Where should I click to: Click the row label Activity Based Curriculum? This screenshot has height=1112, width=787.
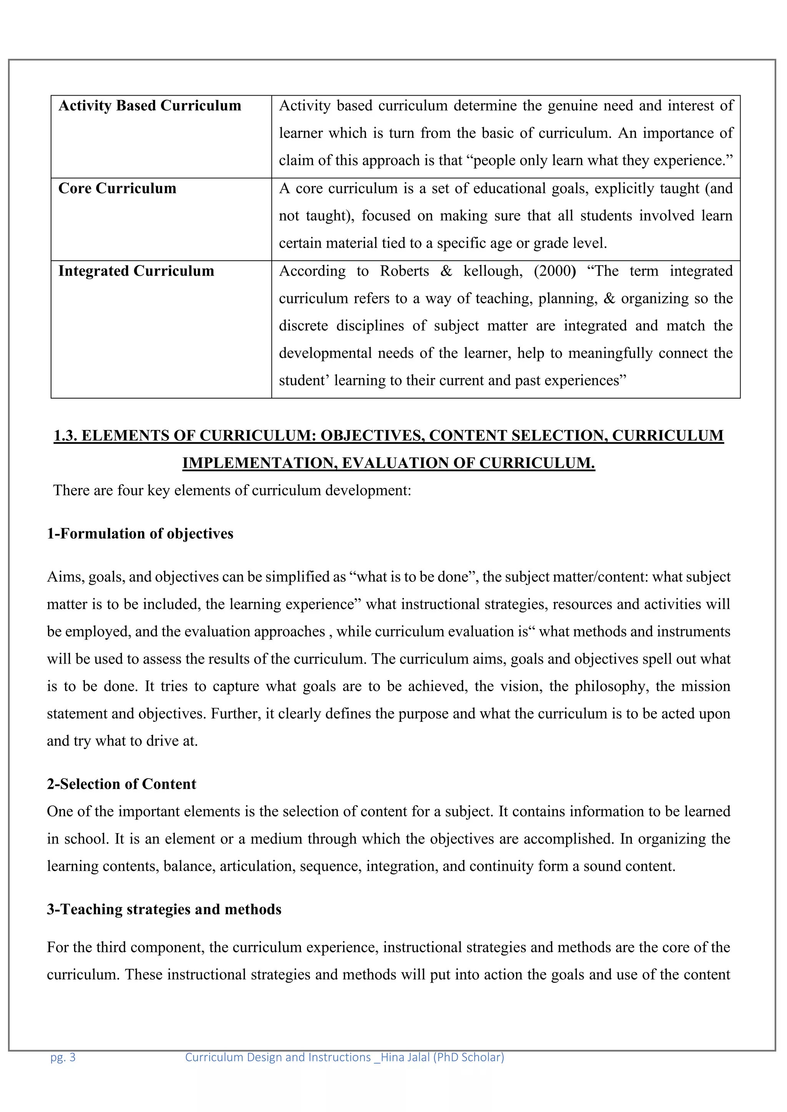tap(150, 106)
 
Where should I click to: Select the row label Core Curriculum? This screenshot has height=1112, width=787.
tap(117, 189)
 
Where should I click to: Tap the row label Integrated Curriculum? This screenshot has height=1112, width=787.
tap(136, 271)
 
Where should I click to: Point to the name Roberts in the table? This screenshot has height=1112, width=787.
tap(404, 271)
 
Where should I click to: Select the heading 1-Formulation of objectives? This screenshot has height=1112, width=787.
tap(140, 534)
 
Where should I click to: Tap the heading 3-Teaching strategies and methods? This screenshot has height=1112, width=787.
tap(164, 910)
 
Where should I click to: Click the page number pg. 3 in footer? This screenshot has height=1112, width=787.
tap(63, 1057)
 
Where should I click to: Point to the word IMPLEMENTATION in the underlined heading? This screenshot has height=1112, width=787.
tap(260, 463)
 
